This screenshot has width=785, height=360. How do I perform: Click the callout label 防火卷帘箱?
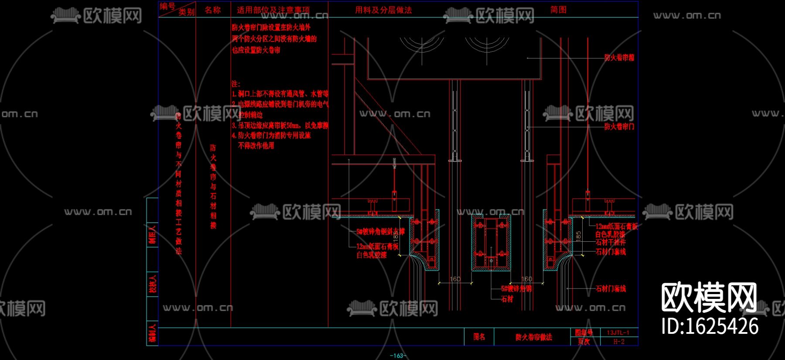[619, 57]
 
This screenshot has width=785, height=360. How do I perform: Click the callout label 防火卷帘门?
[619, 127]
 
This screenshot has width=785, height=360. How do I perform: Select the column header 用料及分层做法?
[383, 10]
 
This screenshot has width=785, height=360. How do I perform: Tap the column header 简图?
[558, 10]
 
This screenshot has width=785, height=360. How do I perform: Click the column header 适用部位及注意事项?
[273, 10]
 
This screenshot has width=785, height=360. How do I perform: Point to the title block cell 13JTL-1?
[618, 333]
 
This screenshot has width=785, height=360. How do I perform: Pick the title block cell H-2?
[619, 342]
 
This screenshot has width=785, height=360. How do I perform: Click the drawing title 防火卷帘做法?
[533, 337]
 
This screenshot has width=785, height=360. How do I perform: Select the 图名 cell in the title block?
[479, 336]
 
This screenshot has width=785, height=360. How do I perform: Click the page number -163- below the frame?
[398, 356]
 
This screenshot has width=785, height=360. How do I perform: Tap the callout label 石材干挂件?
[611, 242]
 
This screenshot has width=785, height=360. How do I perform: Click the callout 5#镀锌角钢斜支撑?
[380, 232]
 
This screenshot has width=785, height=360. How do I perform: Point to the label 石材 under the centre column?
[507, 299]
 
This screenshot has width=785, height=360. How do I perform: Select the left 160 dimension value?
[455, 279]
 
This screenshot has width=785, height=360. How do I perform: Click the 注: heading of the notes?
[235, 84]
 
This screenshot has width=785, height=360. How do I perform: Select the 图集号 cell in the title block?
[584, 333]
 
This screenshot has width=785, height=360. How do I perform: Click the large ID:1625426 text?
[710, 326]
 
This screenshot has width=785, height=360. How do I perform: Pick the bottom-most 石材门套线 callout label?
[611, 288]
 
